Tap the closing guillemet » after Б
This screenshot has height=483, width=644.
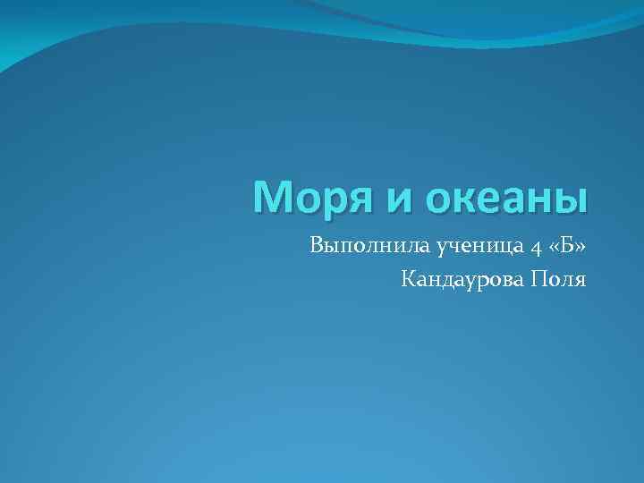click(x=577, y=246)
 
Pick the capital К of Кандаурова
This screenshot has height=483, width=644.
click(x=409, y=280)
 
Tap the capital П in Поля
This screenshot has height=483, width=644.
click(x=538, y=280)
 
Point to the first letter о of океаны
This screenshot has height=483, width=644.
click(x=440, y=201)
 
